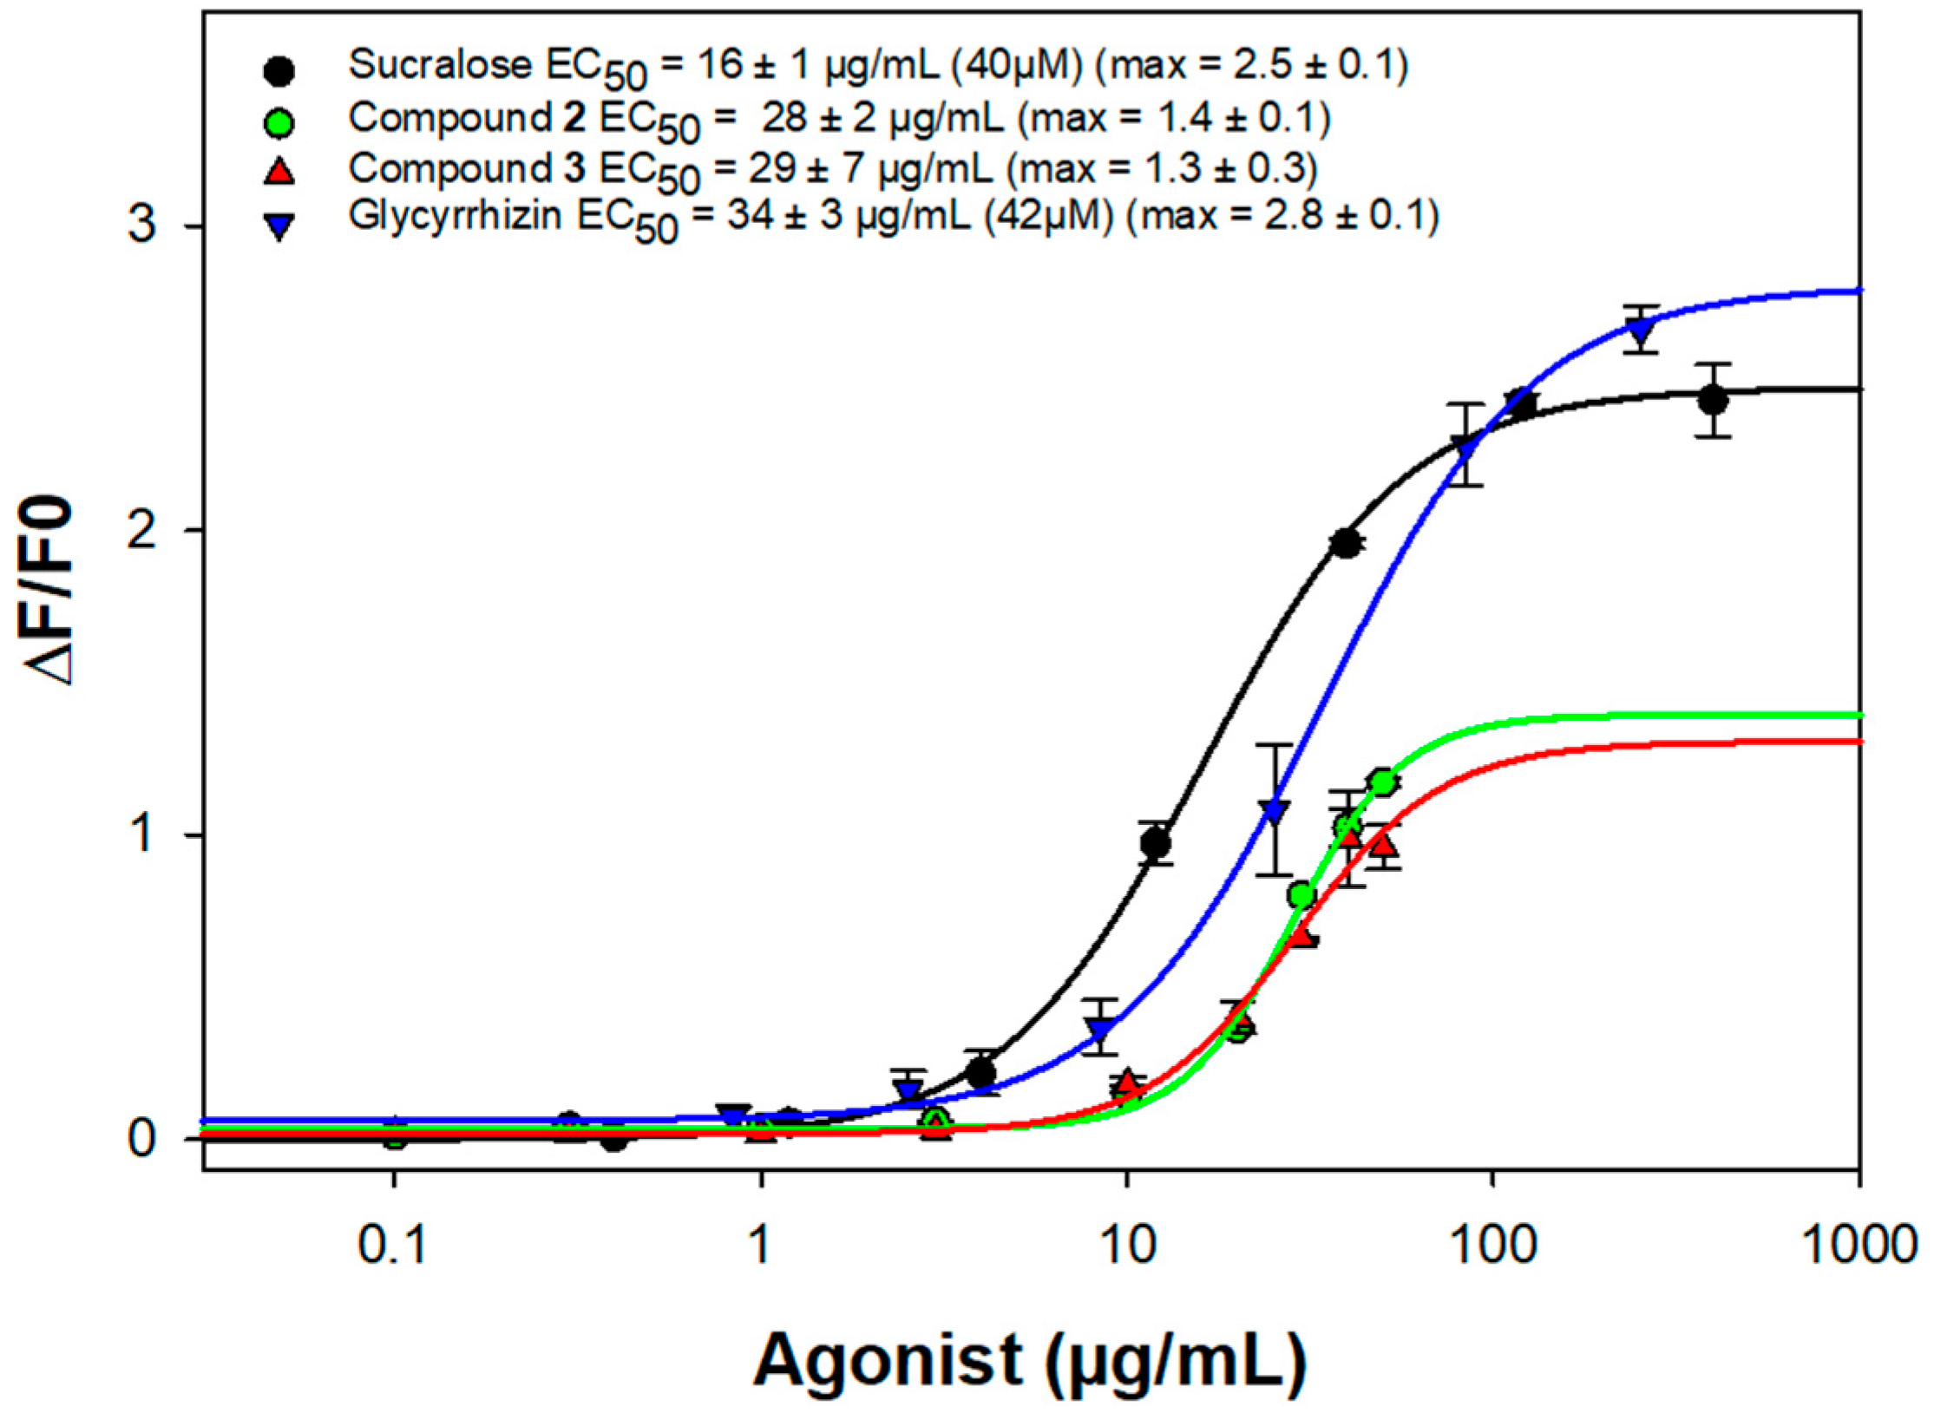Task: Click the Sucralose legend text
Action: pyautogui.click(x=876, y=66)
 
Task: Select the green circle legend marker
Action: pyautogui.click(x=279, y=122)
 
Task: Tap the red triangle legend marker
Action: pyautogui.click(x=279, y=172)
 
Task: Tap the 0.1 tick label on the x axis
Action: pyautogui.click(x=393, y=1246)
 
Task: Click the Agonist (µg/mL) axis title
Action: pyautogui.click(x=1029, y=1359)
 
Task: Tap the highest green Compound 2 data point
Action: pyautogui.click(x=1383, y=782)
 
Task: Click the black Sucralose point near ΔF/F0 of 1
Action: pyautogui.click(x=1156, y=843)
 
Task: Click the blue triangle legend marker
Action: pyautogui.click(x=279, y=227)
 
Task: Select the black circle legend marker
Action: pyautogui.click(x=279, y=72)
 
